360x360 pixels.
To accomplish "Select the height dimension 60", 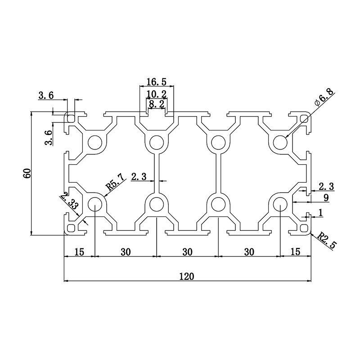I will [27, 173].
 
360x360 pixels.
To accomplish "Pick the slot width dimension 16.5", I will [156, 82].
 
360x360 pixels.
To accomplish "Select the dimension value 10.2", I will [157, 94].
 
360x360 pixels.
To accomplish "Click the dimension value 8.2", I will [156, 104].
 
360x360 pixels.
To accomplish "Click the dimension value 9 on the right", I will [325, 197].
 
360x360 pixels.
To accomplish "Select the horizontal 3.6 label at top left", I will [46, 95].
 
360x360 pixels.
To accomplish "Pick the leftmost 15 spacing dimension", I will [79, 252].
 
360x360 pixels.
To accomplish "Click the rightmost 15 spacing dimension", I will [295, 252].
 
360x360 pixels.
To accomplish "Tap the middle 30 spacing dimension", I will [187, 252].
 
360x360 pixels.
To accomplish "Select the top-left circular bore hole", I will [95, 143].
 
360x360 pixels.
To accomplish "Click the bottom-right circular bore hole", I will [279, 204].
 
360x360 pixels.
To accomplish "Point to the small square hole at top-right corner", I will [305, 118].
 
